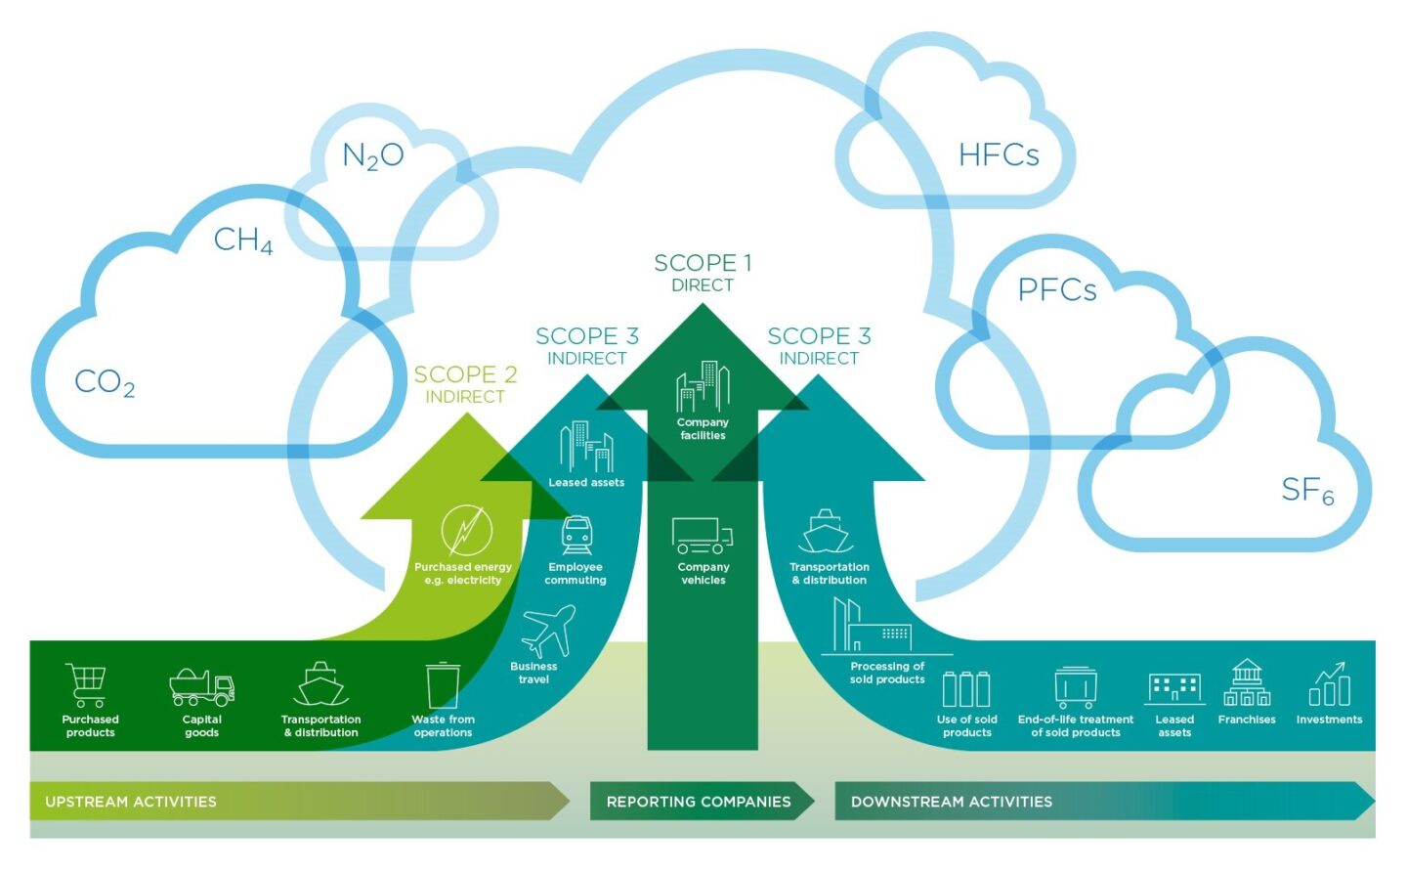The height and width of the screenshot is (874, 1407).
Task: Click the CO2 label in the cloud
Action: pos(105,382)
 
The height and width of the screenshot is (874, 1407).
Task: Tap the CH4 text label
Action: pos(242,240)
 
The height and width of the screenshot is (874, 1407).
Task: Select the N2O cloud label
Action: pos(372,155)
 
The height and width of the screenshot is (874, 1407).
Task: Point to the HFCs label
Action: pos(998,155)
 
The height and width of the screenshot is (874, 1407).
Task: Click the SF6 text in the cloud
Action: pos(1306,490)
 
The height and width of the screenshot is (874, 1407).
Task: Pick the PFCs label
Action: pos(1056,290)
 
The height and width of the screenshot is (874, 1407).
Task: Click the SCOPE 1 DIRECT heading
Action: pos(703,273)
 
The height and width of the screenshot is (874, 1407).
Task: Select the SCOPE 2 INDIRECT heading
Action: pos(465,384)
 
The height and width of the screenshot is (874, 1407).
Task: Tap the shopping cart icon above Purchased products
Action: pos(87,684)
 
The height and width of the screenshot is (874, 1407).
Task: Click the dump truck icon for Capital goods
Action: pos(201,687)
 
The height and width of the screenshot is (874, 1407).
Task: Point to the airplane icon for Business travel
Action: pos(548,631)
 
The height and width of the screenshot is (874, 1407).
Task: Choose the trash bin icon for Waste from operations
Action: pos(443,685)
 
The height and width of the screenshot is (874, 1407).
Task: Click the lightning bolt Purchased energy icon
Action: pos(466,531)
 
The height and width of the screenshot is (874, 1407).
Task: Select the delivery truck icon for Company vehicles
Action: pos(702,536)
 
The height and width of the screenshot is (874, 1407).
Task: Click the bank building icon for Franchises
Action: pos(1247,683)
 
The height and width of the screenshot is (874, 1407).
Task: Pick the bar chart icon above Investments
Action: pos(1329,684)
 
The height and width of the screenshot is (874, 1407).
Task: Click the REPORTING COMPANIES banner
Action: pos(699,802)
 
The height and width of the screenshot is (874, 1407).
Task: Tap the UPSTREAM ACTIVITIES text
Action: pos(131,802)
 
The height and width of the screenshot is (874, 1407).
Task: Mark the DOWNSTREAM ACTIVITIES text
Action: pos(951,802)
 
